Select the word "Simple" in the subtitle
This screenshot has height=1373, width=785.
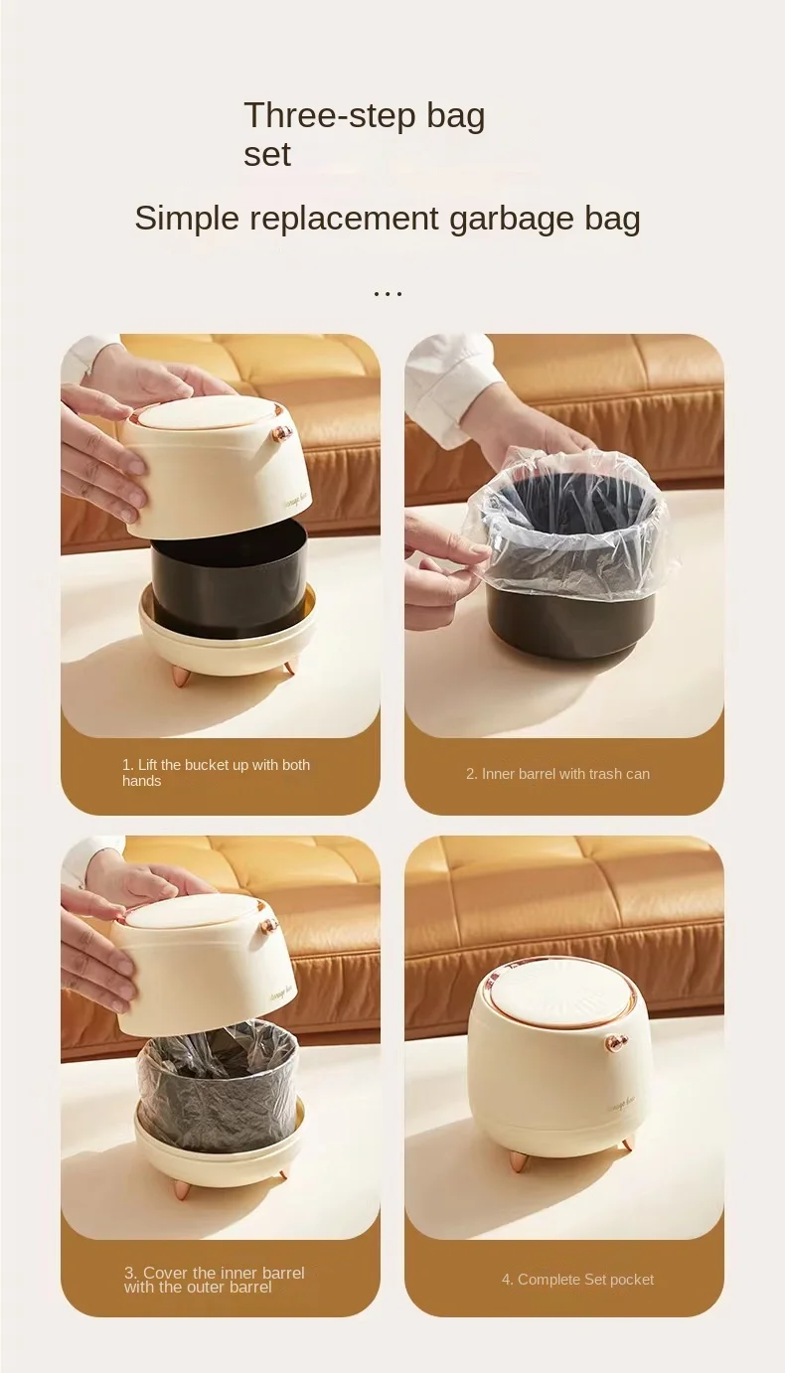187,219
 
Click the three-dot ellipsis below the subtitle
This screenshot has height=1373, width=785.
389,295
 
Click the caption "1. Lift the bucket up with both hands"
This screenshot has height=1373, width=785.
216,772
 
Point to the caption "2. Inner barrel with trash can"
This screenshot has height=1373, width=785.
557,774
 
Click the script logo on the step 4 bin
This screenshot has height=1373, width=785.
619,1105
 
